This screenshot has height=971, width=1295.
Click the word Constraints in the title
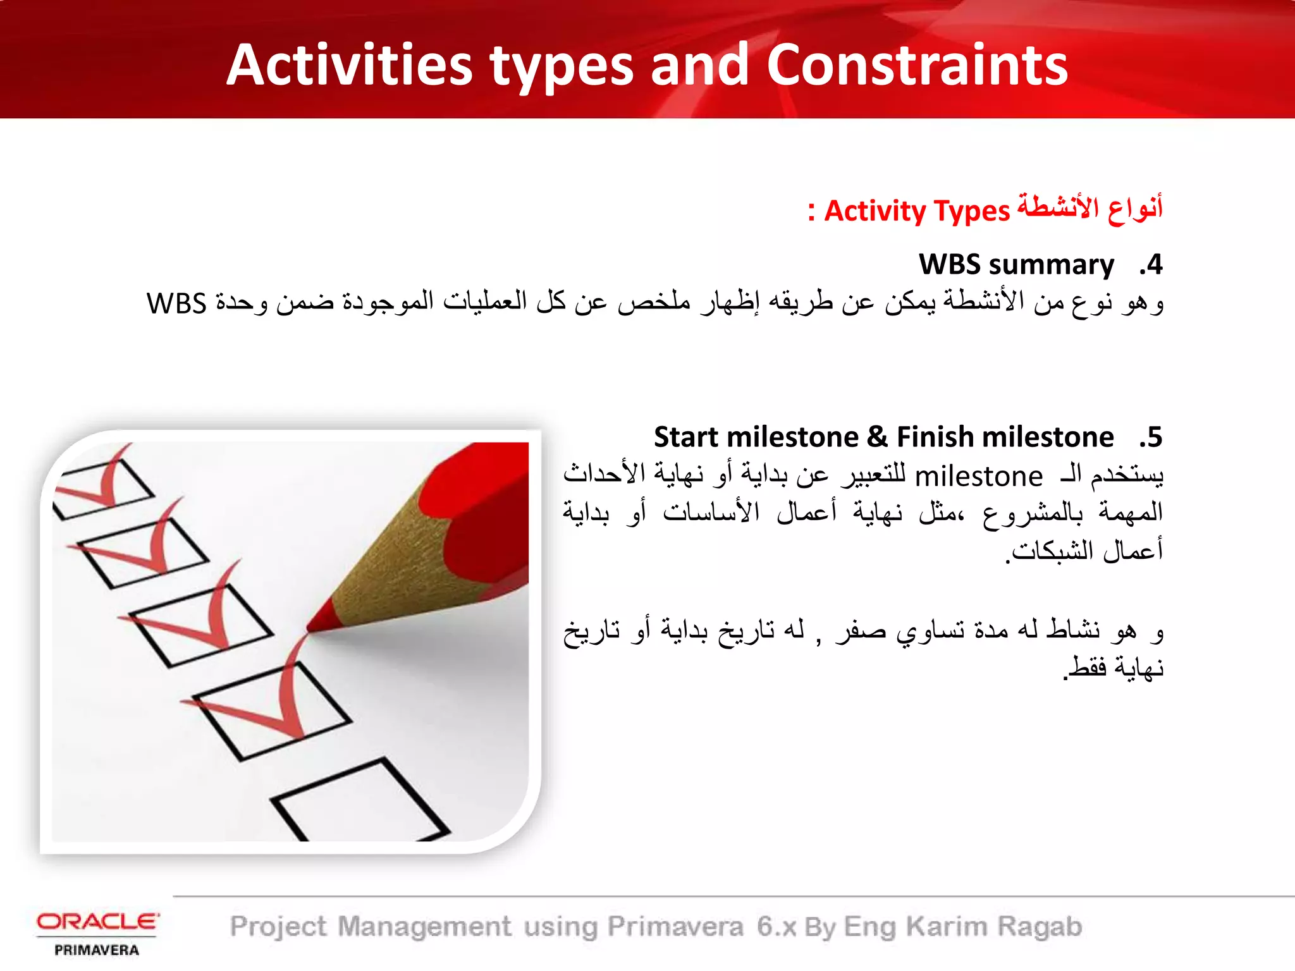pyautogui.click(x=917, y=65)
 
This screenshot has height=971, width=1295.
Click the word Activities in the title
pyautogui.click(x=350, y=65)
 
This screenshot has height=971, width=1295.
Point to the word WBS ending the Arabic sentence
pyautogui.click(x=176, y=303)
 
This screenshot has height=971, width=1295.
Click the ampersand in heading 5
pyautogui.click(x=877, y=437)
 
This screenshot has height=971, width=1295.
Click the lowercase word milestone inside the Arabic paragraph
pyautogui.click(x=978, y=477)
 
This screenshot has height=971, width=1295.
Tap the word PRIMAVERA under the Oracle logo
pyautogui.click(x=97, y=950)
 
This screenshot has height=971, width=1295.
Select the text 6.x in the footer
pyautogui.click(x=776, y=927)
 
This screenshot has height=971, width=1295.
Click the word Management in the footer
pyautogui.click(x=424, y=927)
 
